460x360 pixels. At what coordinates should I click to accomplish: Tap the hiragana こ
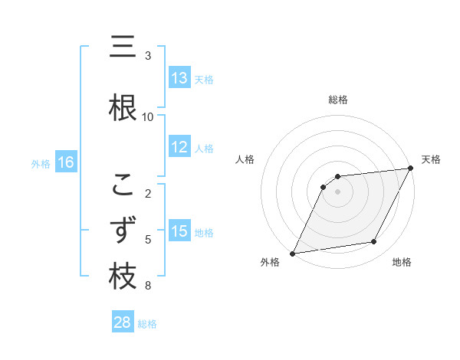pyautogui.click(x=123, y=185)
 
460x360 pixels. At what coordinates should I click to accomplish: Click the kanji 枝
pyautogui.click(x=123, y=277)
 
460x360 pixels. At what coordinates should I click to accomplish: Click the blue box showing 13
pyautogui.click(x=179, y=78)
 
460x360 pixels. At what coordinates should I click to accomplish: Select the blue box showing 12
pyautogui.click(x=179, y=147)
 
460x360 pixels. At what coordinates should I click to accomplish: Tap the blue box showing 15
pyautogui.click(x=179, y=231)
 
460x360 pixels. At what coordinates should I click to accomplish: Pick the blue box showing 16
pyautogui.click(x=66, y=162)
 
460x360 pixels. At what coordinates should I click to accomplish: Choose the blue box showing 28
pyautogui.click(x=123, y=322)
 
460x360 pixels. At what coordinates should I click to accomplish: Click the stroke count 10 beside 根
pyautogui.click(x=148, y=117)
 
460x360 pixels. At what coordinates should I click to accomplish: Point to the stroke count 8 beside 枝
pyautogui.click(x=148, y=286)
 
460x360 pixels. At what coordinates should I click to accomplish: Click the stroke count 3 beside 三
pyautogui.click(x=148, y=56)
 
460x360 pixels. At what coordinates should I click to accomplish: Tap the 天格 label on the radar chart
pyautogui.click(x=432, y=159)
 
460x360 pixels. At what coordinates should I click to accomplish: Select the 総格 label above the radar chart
pyautogui.click(x=338, y=100)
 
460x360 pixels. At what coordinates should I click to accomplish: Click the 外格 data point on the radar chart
pyautogui.click(x=292, y=253)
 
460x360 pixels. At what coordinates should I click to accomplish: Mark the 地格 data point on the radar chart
pyautogui.click(x=374, y=242)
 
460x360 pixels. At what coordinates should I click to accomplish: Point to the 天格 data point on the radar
pyautogui.click(x=411, y=169)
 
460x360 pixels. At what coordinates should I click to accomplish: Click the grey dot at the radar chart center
pyautogui.click(x=338, y=191)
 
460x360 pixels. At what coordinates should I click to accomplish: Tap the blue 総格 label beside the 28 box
pyautogui.click(x=148, y=324)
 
